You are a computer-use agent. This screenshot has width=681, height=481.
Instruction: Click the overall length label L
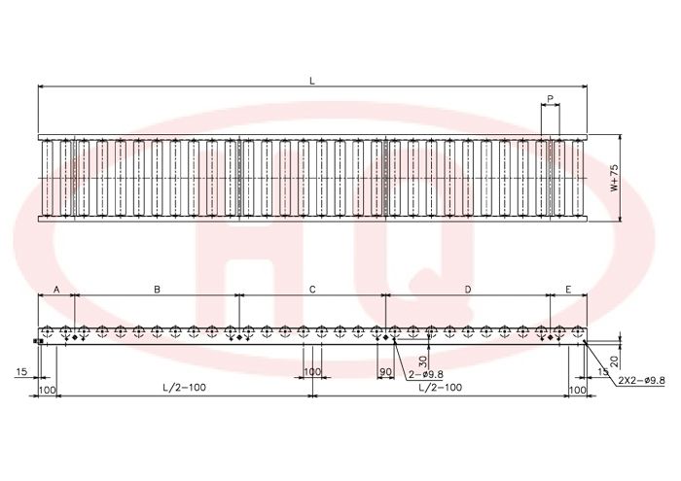312,81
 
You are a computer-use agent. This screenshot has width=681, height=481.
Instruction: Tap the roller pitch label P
551,99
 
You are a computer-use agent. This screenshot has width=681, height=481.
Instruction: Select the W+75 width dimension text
614,178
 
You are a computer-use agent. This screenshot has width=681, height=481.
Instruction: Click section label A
56,290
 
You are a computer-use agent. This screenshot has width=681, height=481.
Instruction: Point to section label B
158,290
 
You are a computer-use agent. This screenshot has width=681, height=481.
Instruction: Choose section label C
312,290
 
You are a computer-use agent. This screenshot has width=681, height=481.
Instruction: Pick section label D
468,290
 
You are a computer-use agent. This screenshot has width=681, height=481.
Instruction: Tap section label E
568,290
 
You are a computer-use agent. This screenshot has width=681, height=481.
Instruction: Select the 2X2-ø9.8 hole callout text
641,380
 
